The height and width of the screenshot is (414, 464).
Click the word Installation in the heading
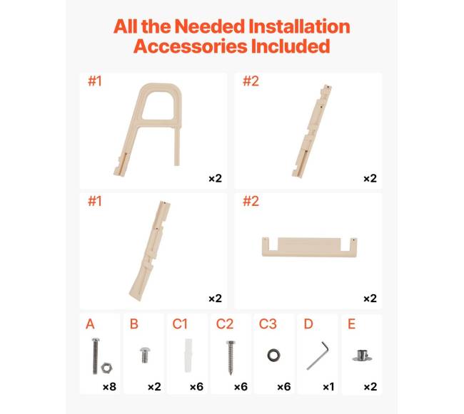point(299,26)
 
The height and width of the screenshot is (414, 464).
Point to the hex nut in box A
point(106,368)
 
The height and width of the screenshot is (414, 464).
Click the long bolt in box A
point(95,356)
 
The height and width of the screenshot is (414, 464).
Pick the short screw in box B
point(144,355)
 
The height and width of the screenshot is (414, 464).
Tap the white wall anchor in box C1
point(188,356)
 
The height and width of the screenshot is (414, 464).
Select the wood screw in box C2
point(231,357)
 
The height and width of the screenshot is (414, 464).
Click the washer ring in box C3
point(273,356)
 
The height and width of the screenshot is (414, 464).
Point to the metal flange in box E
point(362,356)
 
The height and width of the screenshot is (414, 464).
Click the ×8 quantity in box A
point(109,386)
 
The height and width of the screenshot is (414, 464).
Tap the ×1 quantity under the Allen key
point(328,386)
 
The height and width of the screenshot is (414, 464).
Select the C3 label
point(268,324)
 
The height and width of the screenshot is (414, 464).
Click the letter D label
point(308,324)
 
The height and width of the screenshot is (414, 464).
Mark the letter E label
point(351,324)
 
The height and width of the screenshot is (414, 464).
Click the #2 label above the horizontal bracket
point(251,201)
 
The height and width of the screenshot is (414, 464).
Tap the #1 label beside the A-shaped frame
point(95,81)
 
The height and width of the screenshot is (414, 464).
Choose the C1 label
point(180,324)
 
